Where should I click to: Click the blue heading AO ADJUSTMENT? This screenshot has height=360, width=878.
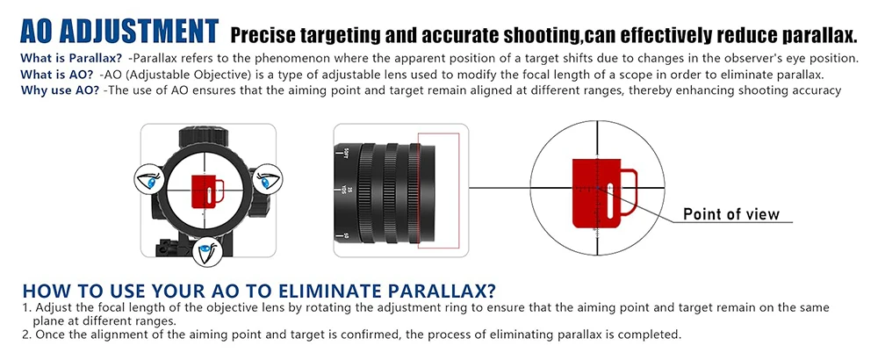point(119,32)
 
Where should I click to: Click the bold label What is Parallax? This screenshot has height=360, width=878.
point(71,58)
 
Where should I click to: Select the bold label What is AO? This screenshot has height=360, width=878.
point(56,75)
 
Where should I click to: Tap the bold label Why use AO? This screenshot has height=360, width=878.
point(60,90)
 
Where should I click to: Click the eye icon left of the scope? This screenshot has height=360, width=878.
point(149,180)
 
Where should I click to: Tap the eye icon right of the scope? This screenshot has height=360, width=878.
point(267,180)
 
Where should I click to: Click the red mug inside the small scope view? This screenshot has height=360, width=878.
point(207,191)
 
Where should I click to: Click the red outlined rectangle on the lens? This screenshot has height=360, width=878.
point(438,191)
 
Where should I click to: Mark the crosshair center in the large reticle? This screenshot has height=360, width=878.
point(597,188)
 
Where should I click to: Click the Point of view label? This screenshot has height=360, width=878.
point(731,214)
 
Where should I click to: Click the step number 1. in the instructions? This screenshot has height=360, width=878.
point(26,308)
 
